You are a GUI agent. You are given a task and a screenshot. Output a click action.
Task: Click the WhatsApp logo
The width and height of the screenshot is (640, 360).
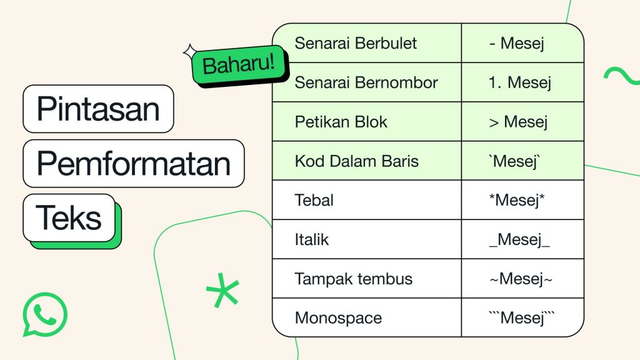(45, 314)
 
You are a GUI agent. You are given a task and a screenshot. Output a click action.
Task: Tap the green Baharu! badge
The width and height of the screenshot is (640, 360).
(239, 65)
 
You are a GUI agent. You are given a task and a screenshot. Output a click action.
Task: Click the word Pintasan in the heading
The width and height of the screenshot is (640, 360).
(98, 109)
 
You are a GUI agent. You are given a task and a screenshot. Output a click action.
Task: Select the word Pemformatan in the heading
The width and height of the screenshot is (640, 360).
(134, 164)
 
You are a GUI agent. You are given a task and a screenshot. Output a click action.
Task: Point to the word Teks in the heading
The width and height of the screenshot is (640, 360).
(69, 218)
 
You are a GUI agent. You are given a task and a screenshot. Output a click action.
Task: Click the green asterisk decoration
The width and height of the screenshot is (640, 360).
(222, 290)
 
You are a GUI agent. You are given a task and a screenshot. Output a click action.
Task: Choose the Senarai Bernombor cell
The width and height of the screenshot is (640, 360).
(366, 82)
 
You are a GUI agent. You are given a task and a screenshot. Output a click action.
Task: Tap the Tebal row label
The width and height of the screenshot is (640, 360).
(314, 200)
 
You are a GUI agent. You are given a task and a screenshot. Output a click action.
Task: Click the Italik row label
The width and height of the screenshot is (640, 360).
(311, 239)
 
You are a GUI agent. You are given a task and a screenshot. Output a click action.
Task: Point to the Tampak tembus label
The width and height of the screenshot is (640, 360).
(354, 279)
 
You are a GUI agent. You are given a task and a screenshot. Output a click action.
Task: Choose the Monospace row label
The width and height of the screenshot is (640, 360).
(338, 318)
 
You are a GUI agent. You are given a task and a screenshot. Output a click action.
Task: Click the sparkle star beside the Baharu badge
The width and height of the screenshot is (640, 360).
(190, 52)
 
